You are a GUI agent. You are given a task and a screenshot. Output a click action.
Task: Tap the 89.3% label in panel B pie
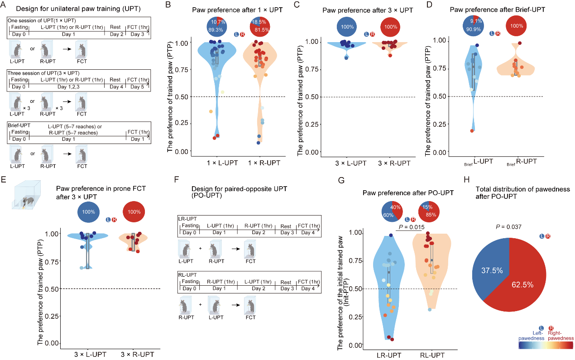pos(216,29)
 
